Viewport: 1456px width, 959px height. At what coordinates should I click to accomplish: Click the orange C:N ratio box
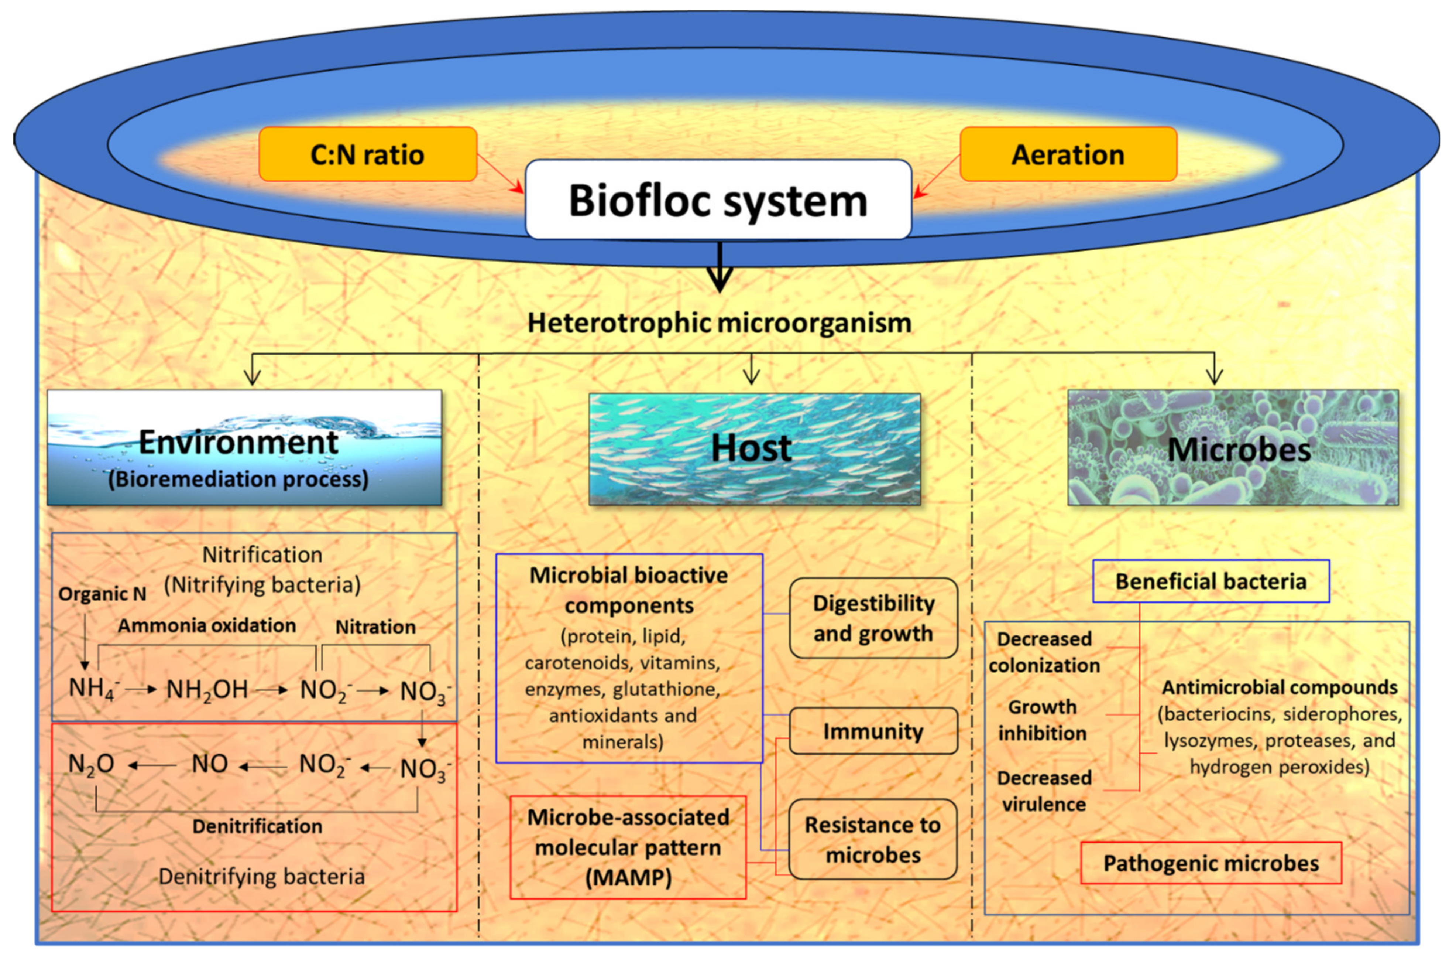tap(368, 154)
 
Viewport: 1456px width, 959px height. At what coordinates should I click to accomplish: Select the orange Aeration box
tap(1068, 154)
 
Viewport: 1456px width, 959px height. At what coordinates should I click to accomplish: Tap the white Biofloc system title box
tap(718, 199)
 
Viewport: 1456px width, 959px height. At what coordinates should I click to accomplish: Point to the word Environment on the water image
tap(238, 442)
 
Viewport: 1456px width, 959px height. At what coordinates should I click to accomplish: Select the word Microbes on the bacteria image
tap(1239, 450)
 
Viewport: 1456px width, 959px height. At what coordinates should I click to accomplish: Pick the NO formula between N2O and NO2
tap(209, 764)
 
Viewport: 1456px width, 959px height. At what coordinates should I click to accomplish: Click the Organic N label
tap(102, 594)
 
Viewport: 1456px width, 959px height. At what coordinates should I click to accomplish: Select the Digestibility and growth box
tap(873, 618)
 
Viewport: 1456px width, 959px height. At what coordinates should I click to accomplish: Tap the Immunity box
tap(873, 731)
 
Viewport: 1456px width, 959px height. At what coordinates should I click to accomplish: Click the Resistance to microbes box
tap(873, 839)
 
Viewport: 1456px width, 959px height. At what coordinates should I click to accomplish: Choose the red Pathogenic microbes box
tap(1211, 863)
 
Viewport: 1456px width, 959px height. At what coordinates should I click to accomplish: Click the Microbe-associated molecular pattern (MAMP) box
tap(628, 847)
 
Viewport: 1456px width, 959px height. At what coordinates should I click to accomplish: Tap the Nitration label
tap(375, 627)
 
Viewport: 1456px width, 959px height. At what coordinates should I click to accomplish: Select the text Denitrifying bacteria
tap(262, 876)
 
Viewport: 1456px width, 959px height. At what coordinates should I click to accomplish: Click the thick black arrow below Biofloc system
tap(720, 269)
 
